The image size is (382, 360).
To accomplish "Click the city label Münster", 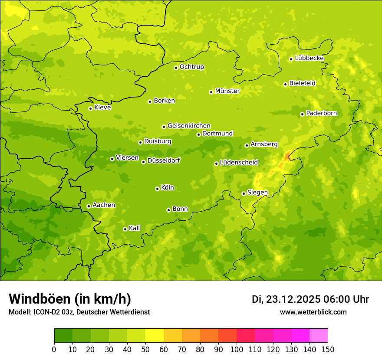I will [x=227, y=91].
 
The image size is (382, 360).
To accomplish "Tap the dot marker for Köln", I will [x=157, y=189].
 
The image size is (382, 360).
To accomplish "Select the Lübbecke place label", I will [x=309, y=58].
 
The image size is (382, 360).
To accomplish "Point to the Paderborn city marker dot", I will [x=302, y=114].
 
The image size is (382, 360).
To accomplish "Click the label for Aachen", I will [x=104, y=205].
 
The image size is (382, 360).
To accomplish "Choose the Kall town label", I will [x=135, y=228].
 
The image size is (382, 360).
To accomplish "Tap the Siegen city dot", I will [x=244, y=193].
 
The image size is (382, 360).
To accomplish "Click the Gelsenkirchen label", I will [x=189, y=126].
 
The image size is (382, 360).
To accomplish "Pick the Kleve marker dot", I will [x=90, y=108].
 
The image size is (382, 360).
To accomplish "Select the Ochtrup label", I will [x=191, y=67].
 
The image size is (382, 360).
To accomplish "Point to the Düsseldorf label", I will [x=163, y=160].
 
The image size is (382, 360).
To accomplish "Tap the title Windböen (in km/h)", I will [x=70, y=299].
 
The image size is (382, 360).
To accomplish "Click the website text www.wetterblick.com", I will [x=313, y=312].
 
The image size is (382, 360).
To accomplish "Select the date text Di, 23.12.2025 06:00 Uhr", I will [x=310, y=299].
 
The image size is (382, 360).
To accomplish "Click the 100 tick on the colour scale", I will [x=237, y=350].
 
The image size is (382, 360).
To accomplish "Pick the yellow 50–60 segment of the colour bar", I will [x=155, y=336].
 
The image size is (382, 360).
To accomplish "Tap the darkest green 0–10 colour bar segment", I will [x=63, y=336].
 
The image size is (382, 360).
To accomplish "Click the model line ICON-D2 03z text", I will [x=79, y=312].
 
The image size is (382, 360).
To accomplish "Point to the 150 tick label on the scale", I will [x=328, y=350].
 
